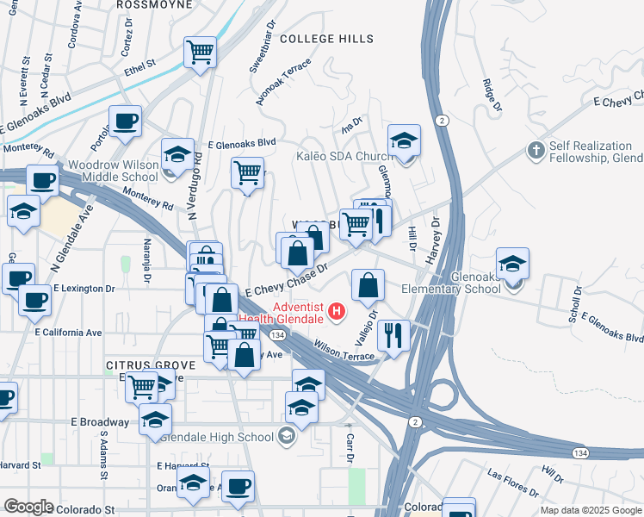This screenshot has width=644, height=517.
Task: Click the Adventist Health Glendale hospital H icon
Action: pos(337,309)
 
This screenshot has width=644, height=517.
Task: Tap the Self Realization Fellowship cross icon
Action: pos(536,150)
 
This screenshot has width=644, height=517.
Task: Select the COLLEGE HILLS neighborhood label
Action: pos(327,39)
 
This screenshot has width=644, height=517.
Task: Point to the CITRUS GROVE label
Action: pos(151,365)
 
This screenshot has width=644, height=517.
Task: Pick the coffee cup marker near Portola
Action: pos(125,121)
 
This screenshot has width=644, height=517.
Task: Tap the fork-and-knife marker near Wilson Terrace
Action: pos(393,335)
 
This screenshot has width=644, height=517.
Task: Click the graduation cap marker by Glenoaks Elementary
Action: pos(512,263)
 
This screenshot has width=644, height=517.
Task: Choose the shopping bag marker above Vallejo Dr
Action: pos(368,285)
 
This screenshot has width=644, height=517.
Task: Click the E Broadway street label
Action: pos(101,423)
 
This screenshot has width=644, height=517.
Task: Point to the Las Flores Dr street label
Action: pos(512,484)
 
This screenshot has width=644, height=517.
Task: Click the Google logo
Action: pos(28,507)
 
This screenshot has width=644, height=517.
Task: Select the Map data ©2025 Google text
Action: pos(590,510)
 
